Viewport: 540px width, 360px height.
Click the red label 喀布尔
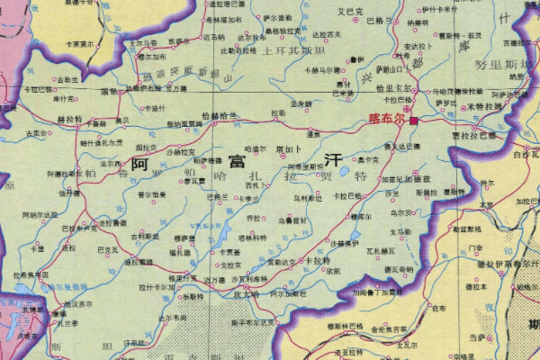click(387, 119)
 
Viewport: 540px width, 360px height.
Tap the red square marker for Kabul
click(413, 120)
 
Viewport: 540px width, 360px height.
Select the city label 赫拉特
click(69, 119)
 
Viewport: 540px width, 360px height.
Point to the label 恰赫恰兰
click(220, 116)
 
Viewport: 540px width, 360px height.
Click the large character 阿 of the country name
click(139, 165)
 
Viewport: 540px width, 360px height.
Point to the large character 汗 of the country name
click(334, 160)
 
